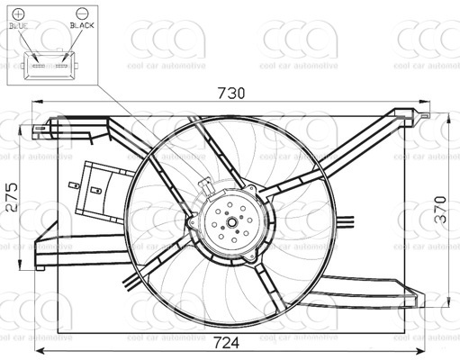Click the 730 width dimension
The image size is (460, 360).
[x=231, y=93]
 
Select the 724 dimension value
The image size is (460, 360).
[x=227, y=343]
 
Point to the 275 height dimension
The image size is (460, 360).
[x=13, y=197]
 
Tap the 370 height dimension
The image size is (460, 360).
[x=440, y=209]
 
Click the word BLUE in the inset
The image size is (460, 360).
[x=19, y=26]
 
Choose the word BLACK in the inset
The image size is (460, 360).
[x=82, y=25]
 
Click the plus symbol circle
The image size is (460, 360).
[x=19, y=13]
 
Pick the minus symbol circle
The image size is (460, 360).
[x=82, y=13]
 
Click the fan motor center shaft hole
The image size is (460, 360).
[x=232, y=222]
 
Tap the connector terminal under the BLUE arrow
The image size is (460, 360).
[x=39, y=66]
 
